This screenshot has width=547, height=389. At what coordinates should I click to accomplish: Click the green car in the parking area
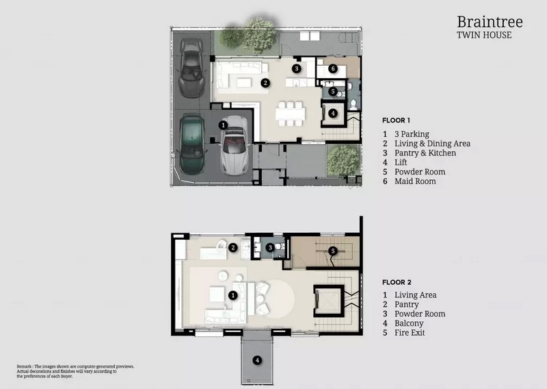pyautogui.click(x=191, y=144)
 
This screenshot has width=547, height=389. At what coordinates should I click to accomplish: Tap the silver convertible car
pyautogui.click(x=235, y=145)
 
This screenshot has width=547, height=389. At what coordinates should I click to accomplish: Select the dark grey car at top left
pyautogui.click(x=191, y=67)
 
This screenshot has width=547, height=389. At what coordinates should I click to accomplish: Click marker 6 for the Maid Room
pyautogui.click(x=333, y=68)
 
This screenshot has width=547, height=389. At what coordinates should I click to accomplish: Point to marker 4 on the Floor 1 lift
pyautogui.click(x=333, y=113)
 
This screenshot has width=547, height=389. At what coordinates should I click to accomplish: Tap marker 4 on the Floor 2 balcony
pyautogui.click(x=257, y=360)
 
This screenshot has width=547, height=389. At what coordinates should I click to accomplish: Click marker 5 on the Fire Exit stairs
pyautogui.click(x=333, y=251)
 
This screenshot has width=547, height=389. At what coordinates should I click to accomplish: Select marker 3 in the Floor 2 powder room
pyautogui.click(x=270, y=248)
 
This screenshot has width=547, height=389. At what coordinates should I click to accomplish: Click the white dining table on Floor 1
pyautogui.click(x=290, y=114)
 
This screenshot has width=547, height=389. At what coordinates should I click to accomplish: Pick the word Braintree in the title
pyautogui.click(x=490, y=22)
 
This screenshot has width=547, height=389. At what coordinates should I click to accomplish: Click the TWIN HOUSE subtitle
pyautogui.click(x=484, y=35)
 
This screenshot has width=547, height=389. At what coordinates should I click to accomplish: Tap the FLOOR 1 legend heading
pyautogui.click(x=396, y=121)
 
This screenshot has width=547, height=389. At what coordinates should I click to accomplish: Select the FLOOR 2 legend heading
pyautogui.click(x=397, y=282)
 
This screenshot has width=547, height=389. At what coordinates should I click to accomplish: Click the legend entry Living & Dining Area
pyautogui.click(x=432, y=143)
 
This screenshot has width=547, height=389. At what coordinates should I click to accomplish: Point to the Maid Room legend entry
pyautogui.click(x=415, y=181)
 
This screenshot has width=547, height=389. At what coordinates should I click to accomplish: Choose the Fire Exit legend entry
pyautogui.click(x=410, y=332)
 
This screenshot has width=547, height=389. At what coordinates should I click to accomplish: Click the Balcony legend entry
pyautogui.click(x=409, y=323)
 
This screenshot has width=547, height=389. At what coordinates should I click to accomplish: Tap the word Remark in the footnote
pyautogui.click(x=24, y=366)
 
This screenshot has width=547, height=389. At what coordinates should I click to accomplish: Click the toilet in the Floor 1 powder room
pyautogui.click(x=353, y=104)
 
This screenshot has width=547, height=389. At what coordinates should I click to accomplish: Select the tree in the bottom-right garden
pyautogui.click(x=343, y=160)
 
